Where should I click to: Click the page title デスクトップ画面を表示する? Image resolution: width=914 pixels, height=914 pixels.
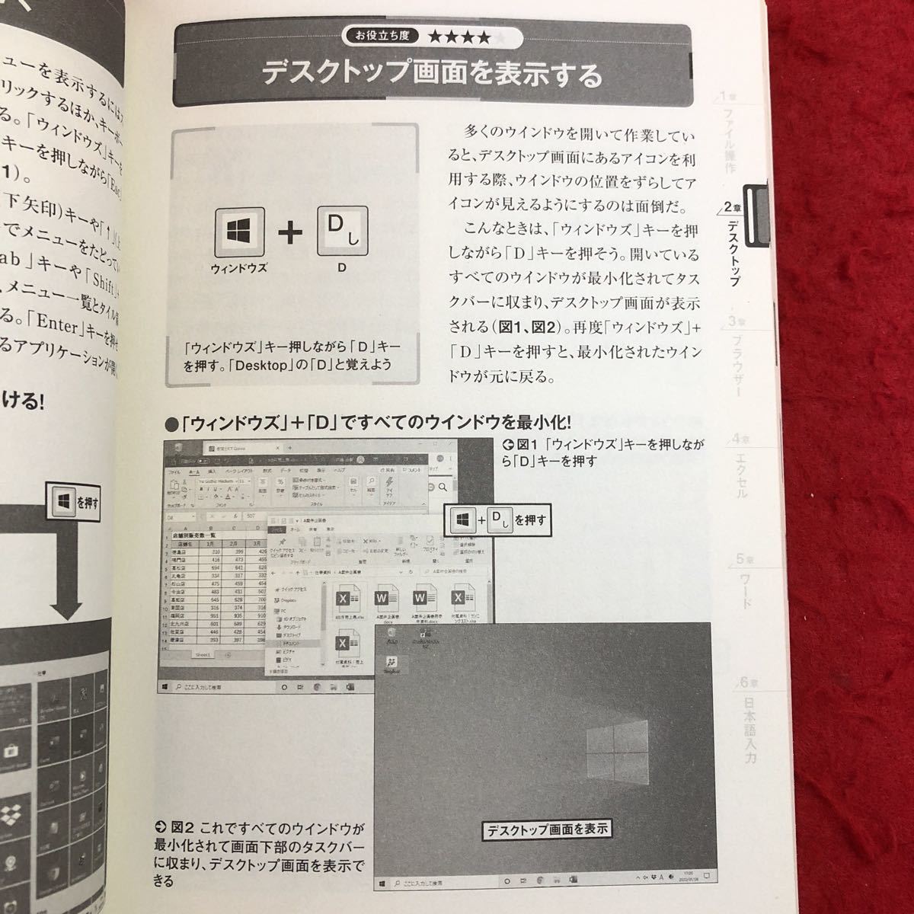tap(431, 75)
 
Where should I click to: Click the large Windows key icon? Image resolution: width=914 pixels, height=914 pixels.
tap(239, 232)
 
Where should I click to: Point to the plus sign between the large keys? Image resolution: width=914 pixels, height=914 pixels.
tap(290, 233)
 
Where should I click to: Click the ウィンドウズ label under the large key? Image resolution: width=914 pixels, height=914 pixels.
tap(239, 268)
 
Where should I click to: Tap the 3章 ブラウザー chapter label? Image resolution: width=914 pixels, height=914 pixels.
tap(734, 354)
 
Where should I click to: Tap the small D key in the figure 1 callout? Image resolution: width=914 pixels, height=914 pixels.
tap(497, 520)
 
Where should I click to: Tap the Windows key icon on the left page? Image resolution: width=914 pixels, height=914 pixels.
tap(62, 501)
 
